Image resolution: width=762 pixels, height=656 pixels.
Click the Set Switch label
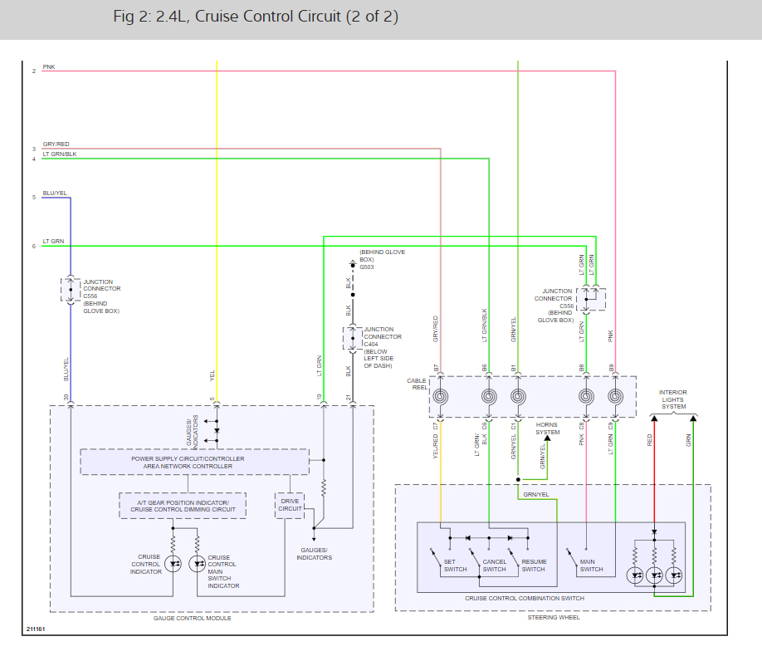[x=455, y=565]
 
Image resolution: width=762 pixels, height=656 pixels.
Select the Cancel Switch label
[x=494, y=565]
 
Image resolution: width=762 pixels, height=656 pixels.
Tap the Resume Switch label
[x=534, y=565]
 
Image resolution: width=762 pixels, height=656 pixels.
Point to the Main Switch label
[x=591, y=565]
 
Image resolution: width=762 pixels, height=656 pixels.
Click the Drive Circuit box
[x=290, y=505]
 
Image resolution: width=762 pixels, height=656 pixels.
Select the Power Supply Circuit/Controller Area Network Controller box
[x=194, y=462]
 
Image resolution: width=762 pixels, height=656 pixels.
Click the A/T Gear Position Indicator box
[x=183, y=506]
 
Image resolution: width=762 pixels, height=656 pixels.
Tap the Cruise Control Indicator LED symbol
[x=173, y=564]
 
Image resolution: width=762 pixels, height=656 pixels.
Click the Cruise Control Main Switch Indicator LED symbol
[x=198, y=564]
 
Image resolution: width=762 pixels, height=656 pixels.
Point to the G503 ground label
[x=366, y=267]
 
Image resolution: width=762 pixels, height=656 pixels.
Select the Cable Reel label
[x=417, y=384]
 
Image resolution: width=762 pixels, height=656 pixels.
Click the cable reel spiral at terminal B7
[x=440, y=397]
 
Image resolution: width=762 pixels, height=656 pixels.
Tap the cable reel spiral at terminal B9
[x=615, y=397]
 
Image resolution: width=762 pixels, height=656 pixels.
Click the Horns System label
[x=547, y=428]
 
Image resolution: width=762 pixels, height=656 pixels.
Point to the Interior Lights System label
[x=673, y=399]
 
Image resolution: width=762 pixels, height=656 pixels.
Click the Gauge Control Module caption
[x=193, y=618]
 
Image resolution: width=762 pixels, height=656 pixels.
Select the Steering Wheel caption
[x=554, y=618]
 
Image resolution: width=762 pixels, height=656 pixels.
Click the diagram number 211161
[x=36, y=629]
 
